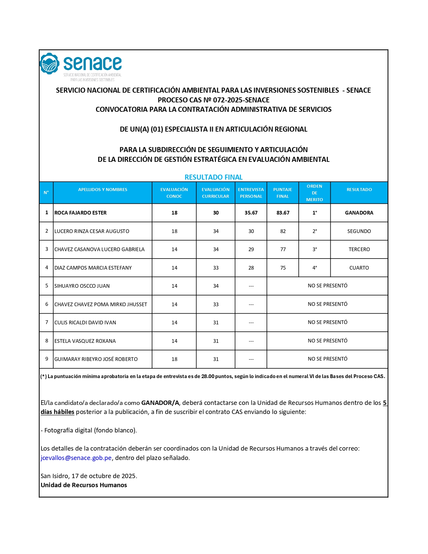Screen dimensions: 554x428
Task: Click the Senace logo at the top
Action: click(x=81, y=66)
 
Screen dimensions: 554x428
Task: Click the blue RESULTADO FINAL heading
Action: click(x=213, y=177)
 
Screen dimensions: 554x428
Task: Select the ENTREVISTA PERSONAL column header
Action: click(x=251, y=193)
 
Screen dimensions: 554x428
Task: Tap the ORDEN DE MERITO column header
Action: click(x=315, y=193)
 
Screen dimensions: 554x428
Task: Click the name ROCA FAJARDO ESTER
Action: click(x=81, y=213)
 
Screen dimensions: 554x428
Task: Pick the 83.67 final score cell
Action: click(x=283, y=213)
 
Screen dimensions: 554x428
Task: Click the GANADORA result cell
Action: click(x=359, y=213)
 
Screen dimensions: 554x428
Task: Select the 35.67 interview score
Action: click(x=251, y=213)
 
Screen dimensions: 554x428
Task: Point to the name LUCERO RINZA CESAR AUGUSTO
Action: click(x=92, y=231)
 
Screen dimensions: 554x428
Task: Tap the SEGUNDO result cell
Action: click(x=359, y=231)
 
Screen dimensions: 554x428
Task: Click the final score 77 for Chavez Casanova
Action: click(x=283, y=249)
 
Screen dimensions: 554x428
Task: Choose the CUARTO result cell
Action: click(x=359, y=268)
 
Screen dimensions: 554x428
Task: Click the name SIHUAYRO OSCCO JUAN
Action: click(x=82, y=286)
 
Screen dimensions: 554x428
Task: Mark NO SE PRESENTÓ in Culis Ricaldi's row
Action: click(x=327, y=322)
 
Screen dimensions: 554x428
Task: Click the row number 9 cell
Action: click(x=47, y=359)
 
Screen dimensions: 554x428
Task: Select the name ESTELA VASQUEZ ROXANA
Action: click(x=85, y=341)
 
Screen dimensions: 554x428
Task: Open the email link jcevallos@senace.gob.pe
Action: click(x=76, y=458)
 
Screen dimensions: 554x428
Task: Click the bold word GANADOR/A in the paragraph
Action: click(x=160, y=403)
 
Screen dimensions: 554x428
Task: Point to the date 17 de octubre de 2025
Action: click(x=104, y=476)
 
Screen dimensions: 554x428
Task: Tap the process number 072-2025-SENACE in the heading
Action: click(x=241, y=100)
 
